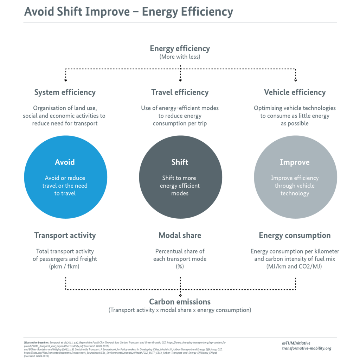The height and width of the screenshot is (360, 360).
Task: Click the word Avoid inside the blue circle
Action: point(65,162)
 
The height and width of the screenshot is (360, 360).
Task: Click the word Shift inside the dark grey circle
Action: point(180,162)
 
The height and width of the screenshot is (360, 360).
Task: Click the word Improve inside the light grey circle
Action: point(295,162)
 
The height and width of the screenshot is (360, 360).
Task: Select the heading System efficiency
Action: point(65,93)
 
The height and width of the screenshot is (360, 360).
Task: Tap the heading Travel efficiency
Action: point(180,93)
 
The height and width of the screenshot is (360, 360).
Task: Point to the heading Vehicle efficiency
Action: point(295,93)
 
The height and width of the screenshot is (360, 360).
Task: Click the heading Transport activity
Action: point(65,236)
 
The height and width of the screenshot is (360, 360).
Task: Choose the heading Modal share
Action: point(180,236)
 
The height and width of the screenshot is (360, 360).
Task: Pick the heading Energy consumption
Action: point(295,236)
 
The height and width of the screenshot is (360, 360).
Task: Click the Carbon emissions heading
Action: point(180,302)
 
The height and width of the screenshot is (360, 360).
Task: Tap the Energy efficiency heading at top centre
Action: point(180,49)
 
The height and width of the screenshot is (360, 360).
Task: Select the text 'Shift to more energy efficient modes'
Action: point(180,186)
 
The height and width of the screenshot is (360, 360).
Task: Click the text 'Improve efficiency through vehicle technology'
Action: point(295,186)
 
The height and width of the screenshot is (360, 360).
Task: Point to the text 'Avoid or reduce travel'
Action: point(65,182)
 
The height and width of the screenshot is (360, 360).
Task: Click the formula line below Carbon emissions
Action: point(180,310)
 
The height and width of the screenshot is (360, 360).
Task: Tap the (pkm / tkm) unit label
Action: point(65,266)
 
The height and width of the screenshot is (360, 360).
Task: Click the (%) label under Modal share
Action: point(180,266)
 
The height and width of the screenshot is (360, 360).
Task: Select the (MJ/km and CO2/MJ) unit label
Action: point(295,266)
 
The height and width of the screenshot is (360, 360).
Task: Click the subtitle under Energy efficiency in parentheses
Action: point(180,57)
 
